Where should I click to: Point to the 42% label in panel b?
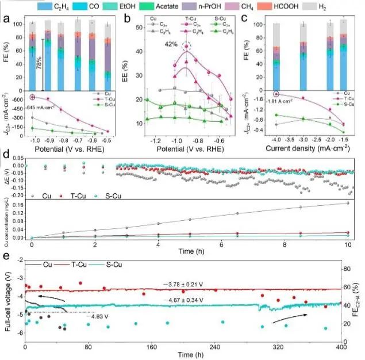(x=169, y=45)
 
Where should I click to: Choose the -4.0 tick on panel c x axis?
(x=276, y=139)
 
